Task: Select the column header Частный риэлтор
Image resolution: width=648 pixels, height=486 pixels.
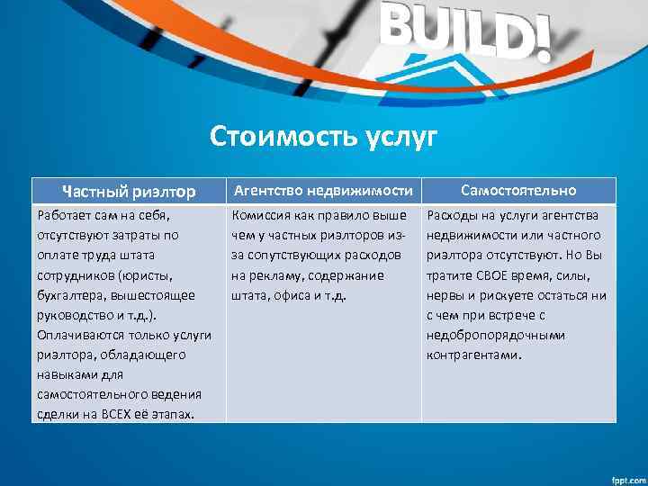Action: click(129, 191)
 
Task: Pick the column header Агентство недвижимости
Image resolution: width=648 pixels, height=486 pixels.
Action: click(323, 190)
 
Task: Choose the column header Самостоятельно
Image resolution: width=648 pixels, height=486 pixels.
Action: click(518, 190)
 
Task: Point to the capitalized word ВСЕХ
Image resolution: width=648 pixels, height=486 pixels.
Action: click(120, 414)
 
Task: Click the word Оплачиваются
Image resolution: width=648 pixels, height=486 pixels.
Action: click(79, 335)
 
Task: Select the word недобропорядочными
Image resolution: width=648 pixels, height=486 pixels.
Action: click(496, 335)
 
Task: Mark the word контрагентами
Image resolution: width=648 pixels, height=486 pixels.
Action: click(473, 355)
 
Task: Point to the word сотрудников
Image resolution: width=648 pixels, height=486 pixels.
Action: click(73, 275)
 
